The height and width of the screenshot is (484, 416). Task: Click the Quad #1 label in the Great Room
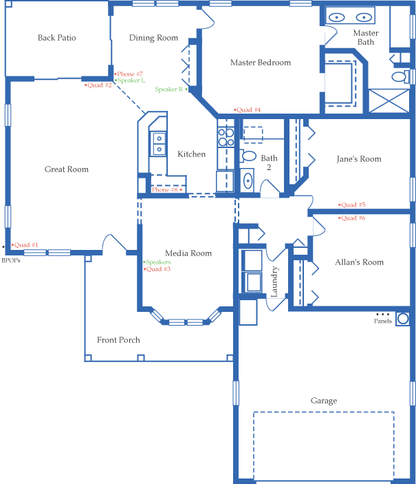26,245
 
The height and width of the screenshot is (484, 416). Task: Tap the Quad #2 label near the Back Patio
99,85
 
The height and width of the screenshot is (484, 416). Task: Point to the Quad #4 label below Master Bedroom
248,110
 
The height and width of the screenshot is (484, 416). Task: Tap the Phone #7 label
129,74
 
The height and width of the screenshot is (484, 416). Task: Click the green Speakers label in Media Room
157,262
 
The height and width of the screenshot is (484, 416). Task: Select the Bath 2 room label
269,163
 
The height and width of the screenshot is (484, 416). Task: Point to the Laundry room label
274,282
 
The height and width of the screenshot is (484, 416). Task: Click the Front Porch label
118,340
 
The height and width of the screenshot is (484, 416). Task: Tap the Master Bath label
366,38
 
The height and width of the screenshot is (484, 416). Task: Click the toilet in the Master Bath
399,75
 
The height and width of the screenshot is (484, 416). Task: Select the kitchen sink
159,143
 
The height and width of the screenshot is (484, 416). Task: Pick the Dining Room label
153,39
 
